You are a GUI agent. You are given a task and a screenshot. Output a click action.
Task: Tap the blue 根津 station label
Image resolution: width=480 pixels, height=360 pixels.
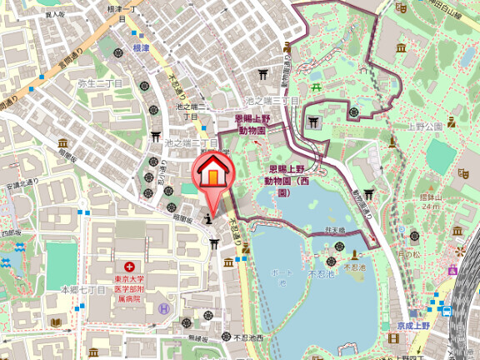(x=141, y=48)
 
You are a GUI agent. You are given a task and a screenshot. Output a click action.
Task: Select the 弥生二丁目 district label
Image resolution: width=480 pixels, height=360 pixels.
(x=99, y=84)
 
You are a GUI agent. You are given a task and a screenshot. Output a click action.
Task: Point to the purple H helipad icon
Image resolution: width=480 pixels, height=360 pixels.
(x=163, y=307)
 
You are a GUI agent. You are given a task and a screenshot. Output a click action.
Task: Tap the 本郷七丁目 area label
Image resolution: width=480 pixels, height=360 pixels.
(x=83, y=289)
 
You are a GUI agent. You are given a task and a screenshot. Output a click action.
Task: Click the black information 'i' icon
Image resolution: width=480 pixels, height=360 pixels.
(x=207, y=220)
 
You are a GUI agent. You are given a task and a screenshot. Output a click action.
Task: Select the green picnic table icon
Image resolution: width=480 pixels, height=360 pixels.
(x=317, y=87)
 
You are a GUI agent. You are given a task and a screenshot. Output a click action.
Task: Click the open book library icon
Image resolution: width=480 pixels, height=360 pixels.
(x=56, y=322)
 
